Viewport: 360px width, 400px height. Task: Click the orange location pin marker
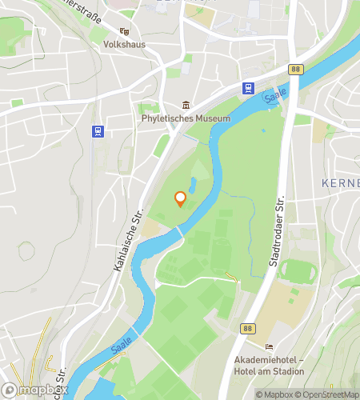(x=180, y=198)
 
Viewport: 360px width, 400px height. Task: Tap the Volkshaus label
(x=124, y=45)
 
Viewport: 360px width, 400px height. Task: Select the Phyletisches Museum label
(x=186, y=118)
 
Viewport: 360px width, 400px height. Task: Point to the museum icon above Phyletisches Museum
(x=186, y=105)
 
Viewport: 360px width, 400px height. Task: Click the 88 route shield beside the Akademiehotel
(x=247, y=327)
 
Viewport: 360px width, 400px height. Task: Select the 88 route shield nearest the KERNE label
(x=297, y=70)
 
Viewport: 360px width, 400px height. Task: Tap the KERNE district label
(x=342, y=183)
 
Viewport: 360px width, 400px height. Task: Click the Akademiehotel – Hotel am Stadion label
(x=270, y=365)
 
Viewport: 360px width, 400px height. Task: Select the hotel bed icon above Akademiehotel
(x=270, y=346)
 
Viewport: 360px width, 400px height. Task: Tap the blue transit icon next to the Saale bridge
(x=249, y=89)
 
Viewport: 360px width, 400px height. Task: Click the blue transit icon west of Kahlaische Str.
(x=98, y=130)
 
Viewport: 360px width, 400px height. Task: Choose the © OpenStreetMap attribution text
(x=327, y=394)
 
